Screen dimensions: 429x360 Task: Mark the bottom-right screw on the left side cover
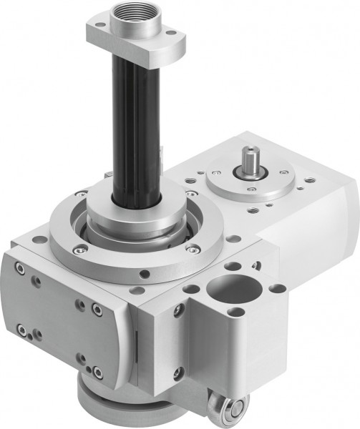pos(96,372)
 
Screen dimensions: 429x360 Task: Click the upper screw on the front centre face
pos(179,310)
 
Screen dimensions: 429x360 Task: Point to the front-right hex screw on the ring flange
pos(193,249)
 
